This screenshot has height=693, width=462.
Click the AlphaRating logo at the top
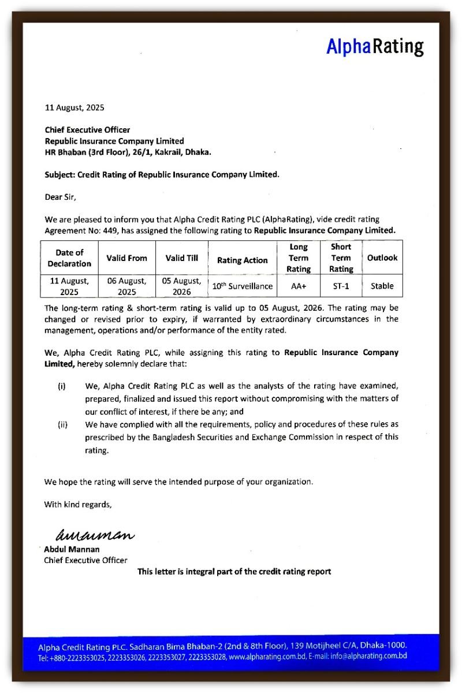point(375,47)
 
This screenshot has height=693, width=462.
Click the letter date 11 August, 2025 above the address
point(74,107)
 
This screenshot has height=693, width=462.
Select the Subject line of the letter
point(162,174)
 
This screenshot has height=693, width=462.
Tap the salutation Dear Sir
point(60,197)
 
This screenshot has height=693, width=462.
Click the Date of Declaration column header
point(69,258)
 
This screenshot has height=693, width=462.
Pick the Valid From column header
point(126,258)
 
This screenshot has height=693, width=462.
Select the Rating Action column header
point(242,260)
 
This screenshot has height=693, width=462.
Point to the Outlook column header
point(382,258)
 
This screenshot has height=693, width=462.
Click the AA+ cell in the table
point(299,286)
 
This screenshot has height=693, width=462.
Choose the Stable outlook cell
point(382,286)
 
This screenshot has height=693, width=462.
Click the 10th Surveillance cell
point(242,286)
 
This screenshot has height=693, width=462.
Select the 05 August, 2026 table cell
point(182,286)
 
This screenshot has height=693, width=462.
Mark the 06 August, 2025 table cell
point(126,286)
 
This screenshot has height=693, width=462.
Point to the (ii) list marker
point(62,425)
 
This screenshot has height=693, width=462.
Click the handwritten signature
point(94,535)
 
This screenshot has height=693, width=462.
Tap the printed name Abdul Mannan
point(72,549)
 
